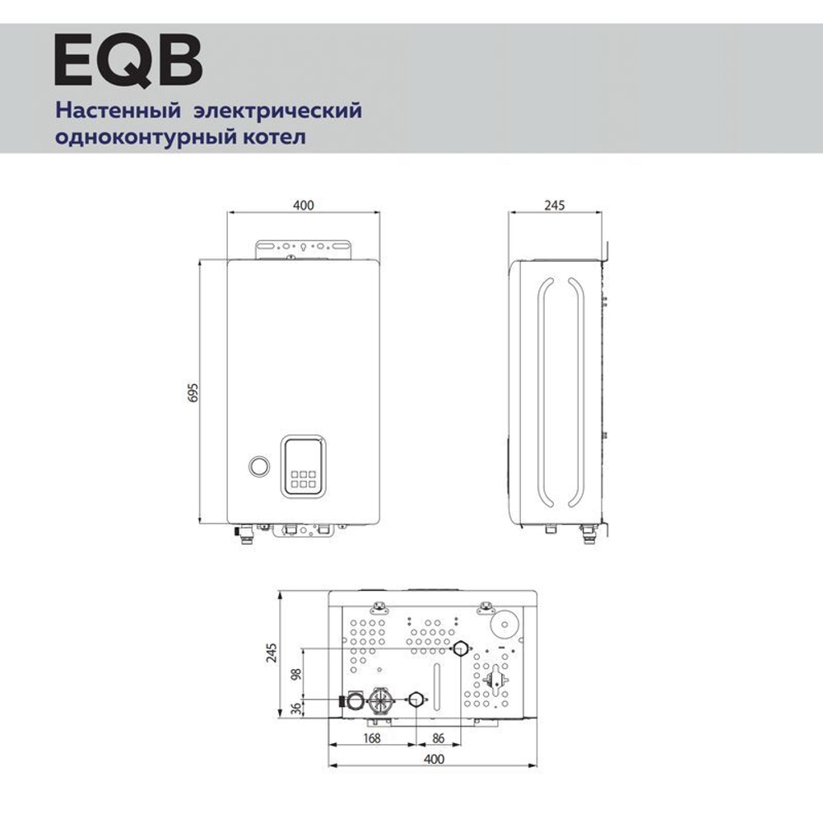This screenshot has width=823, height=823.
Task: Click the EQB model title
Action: (127, 60)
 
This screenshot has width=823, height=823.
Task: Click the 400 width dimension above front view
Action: (304, 205)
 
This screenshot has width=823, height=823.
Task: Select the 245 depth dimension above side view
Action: (554, 205)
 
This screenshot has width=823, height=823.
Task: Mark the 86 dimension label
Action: (439, 738)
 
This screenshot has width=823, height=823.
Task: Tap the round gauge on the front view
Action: (259, 465)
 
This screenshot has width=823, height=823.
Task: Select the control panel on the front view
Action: (304, 466)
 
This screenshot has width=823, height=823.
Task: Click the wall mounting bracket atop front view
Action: (304, 249)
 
